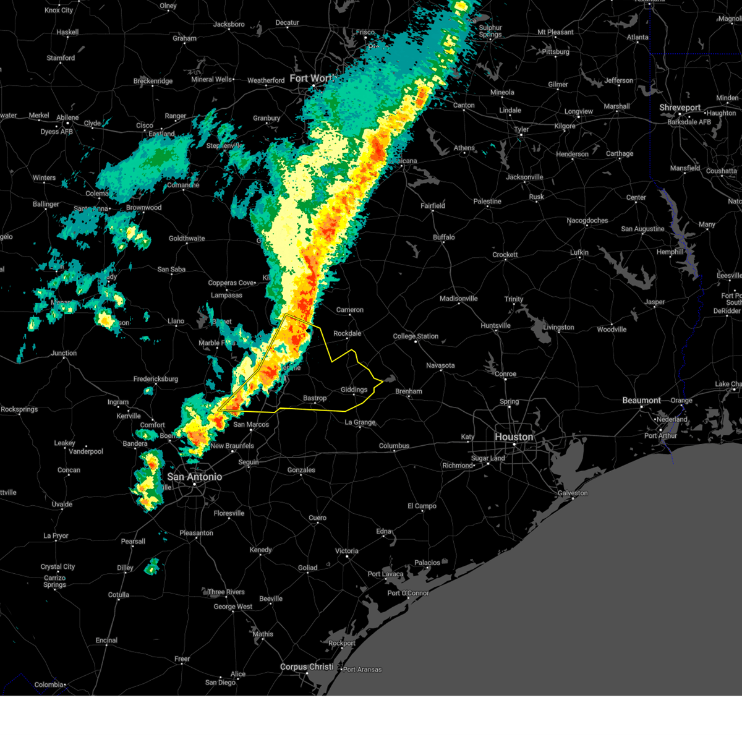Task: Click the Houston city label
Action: point(514,437)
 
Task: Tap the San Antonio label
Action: point(194,477)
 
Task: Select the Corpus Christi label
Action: point(307,667)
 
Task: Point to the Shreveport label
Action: point(680,108)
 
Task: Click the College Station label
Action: point(416,336)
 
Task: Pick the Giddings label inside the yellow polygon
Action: point(354,390)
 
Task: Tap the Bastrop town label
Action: point(315,398)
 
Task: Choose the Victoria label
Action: point(347,550)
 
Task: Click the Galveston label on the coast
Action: point(573,493)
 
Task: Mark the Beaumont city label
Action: point(641,400)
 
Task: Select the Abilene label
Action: point(67,117)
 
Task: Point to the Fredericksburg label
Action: point(156,379)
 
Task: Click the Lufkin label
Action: point(579,252)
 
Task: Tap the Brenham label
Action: point(409,391)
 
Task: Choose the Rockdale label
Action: point(347,333)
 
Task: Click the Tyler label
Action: point(521,129)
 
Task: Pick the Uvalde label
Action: point(62,504)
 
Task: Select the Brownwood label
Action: point(144,207)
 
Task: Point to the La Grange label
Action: point(360,422)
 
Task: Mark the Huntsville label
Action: point(495,325)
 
